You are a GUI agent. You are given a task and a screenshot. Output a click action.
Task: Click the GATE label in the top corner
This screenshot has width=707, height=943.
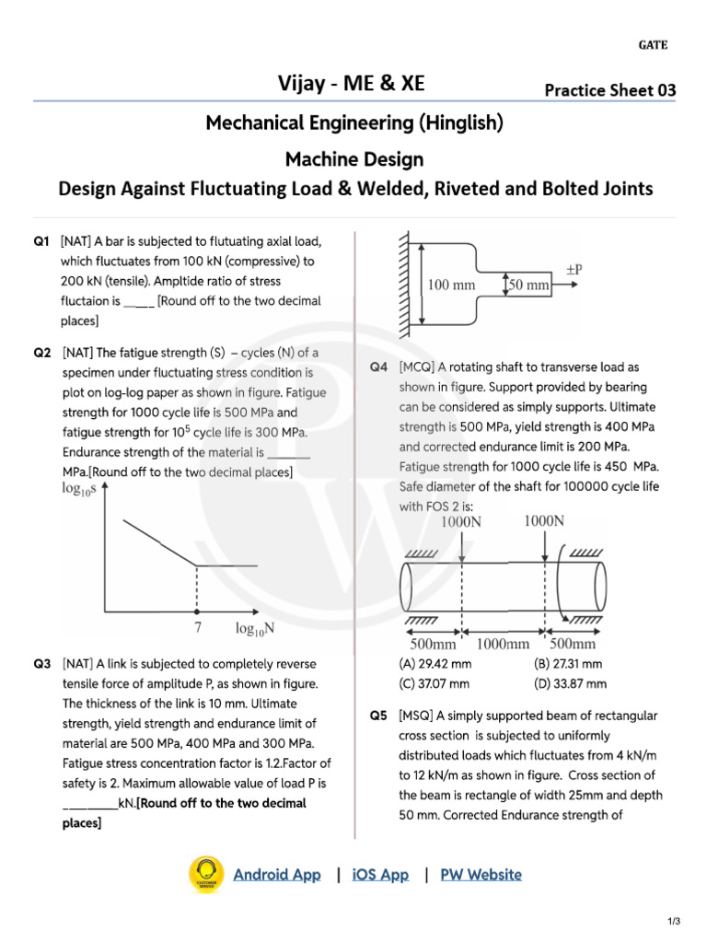pos(653,45)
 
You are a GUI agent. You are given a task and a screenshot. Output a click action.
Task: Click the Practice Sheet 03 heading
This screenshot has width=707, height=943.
pos(609,90)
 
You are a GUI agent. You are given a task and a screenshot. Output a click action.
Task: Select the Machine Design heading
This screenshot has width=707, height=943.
pos(354,159)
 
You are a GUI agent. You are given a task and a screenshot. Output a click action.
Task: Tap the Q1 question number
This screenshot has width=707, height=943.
pos(41,242)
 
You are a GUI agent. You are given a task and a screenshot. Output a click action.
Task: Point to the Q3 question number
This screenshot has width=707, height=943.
pos(42,664)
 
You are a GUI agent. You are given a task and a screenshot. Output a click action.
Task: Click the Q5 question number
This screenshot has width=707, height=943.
pos(379,716)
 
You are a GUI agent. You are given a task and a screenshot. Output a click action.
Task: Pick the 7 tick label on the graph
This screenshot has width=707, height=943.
pos(197,629)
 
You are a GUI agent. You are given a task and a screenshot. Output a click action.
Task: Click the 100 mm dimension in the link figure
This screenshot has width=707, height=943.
pos(451,285)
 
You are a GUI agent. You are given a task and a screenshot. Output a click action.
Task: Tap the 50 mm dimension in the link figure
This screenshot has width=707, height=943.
pos(529,285)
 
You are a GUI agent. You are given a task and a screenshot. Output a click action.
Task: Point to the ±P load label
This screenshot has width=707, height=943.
pos(574,270)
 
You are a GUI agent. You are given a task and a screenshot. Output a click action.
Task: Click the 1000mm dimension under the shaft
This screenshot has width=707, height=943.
pos(502,645)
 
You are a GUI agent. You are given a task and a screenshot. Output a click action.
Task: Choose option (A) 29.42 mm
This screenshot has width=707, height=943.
pos(435,664)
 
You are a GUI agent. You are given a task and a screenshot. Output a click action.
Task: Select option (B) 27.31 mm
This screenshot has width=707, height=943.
pos(568,664)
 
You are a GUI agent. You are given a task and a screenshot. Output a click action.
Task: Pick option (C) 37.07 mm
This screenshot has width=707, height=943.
pos(435,683)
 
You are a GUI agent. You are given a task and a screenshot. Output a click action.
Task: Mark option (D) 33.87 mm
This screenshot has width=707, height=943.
pos(570,683)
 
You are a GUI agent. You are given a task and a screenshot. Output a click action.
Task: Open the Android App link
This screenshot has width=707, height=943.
pos(276,875)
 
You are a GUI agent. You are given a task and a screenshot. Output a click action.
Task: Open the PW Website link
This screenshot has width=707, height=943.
pos(481,875)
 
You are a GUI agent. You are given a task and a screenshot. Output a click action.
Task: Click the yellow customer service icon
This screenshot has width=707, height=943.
pos(206,875)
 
